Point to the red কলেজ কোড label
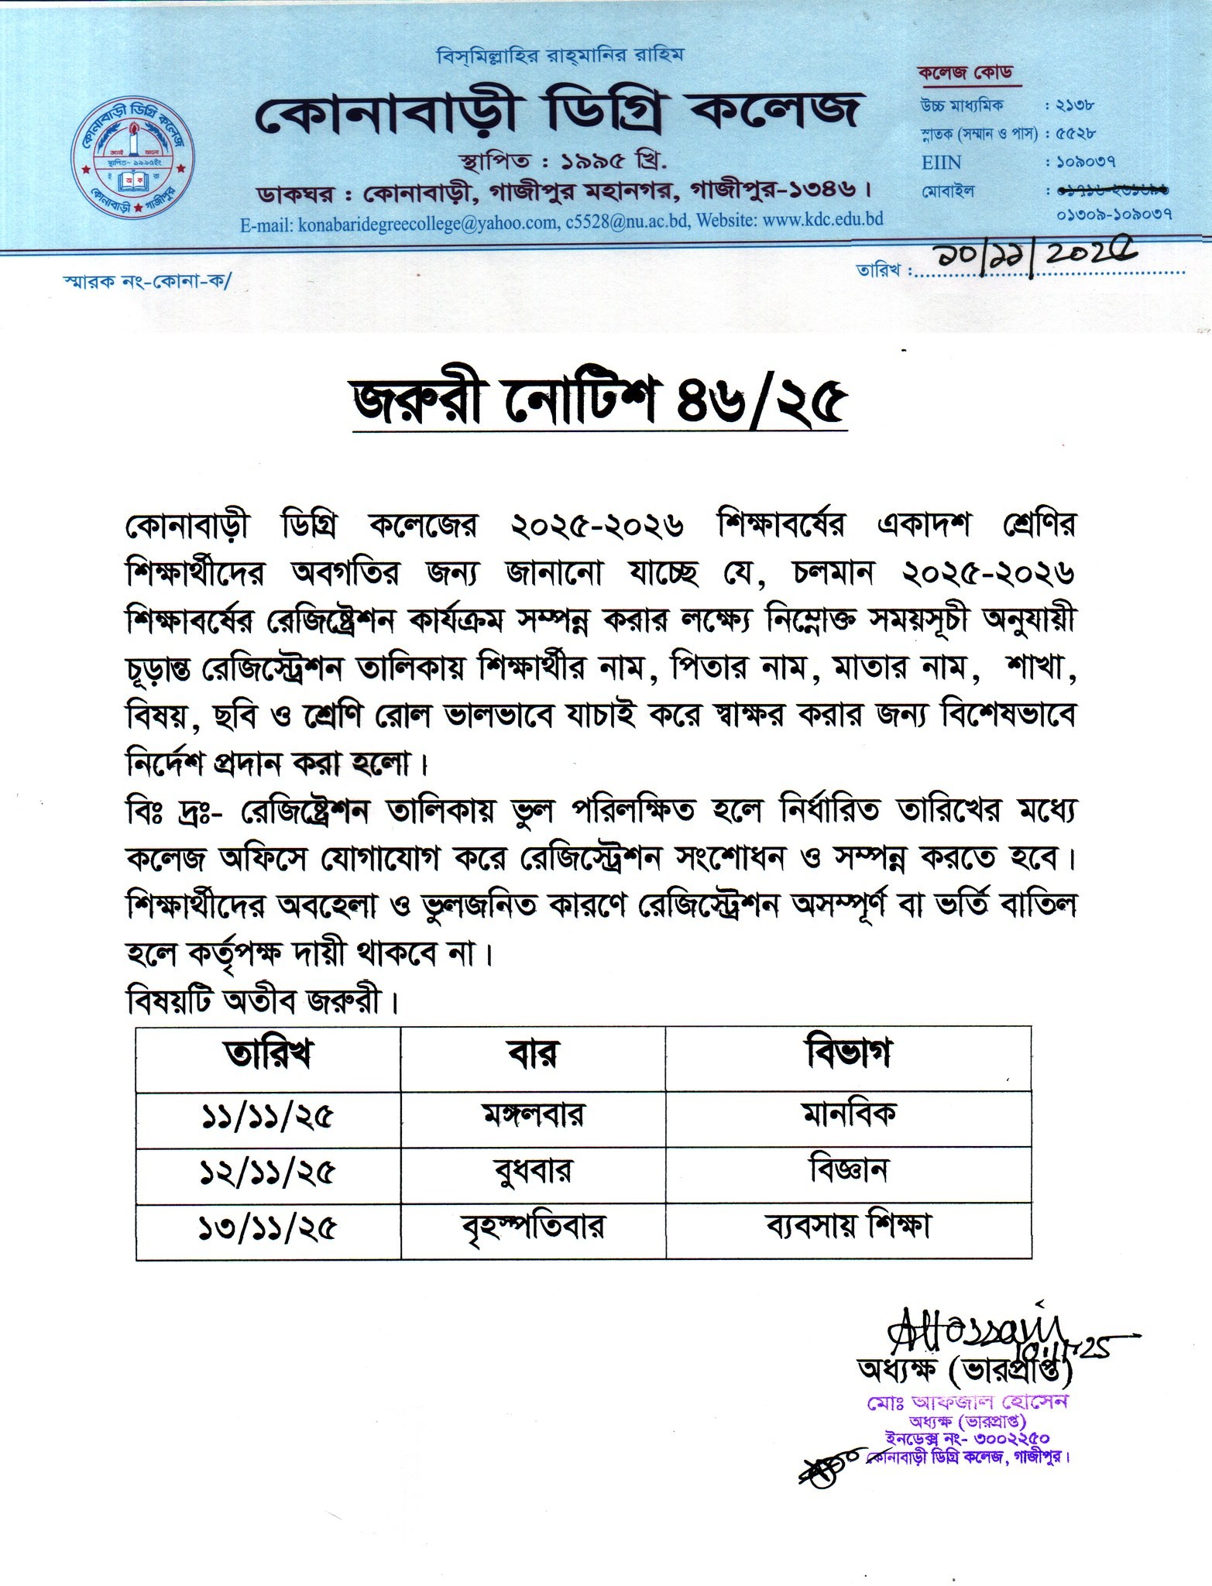pos(965,73)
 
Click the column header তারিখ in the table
pos(268,1054)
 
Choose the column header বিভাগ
pos(848,1054)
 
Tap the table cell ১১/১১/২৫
pos(268,1117)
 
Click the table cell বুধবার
pos(533,1172)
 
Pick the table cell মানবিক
pos(848,1115)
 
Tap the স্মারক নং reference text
pos(147,280)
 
